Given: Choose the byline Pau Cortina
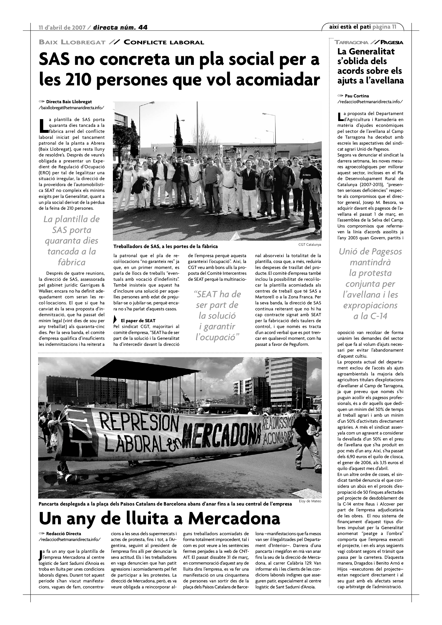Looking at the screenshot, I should pyautogui.click(x=357, y=96).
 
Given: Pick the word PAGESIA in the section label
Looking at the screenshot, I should pyautogui.click(x=392, y=42).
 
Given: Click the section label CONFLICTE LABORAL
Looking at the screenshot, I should pyautogui.click(x=164, y=42).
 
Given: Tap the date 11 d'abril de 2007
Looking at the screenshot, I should pyautogui.click(x=62, y=27).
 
